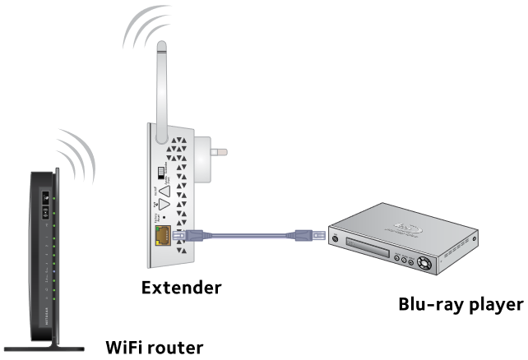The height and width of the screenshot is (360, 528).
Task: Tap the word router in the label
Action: tap(178, 347)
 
